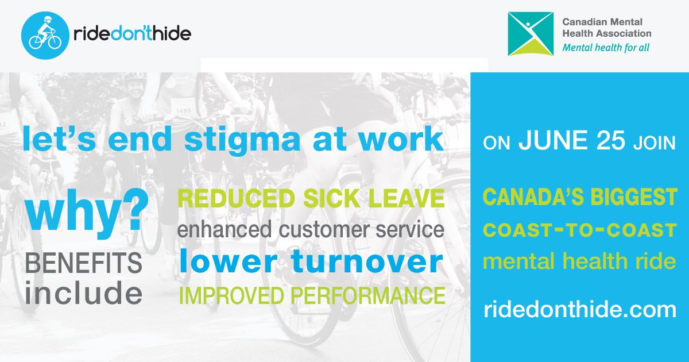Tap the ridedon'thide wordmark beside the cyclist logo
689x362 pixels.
[x=131, y=34]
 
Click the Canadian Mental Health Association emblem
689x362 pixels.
[x=530, y=34]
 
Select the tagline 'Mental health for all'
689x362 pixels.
[x=606, y=48]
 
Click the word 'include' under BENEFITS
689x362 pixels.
[x=83, y=293]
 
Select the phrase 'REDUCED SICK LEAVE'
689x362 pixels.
[x=311, y=199]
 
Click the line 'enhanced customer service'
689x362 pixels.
[x=311, y=230]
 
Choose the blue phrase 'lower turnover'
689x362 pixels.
[x=311, y=262]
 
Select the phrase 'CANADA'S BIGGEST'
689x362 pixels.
[x=580, y=198]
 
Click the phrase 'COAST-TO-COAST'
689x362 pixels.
[x=580, y=230]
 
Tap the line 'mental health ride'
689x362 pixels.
[x=580, y=262]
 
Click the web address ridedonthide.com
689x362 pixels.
[x=580, y=310]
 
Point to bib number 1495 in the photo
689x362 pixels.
[x=183, y=111]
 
